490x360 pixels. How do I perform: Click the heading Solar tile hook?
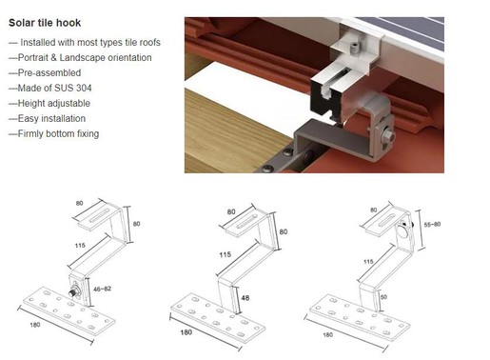(45, 21)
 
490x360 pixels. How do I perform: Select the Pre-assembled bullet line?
(38, 73)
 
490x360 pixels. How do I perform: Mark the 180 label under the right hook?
(328, 334)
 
